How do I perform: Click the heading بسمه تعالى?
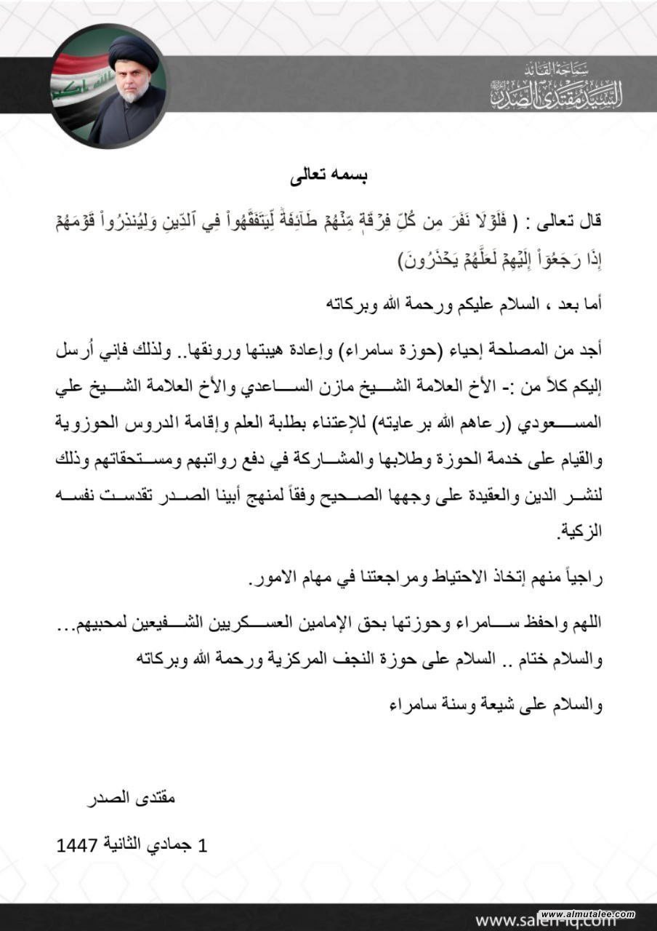(x=328, y=176)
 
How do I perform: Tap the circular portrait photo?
(x=110, y=87)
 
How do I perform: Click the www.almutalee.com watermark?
(x=588, y=914)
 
